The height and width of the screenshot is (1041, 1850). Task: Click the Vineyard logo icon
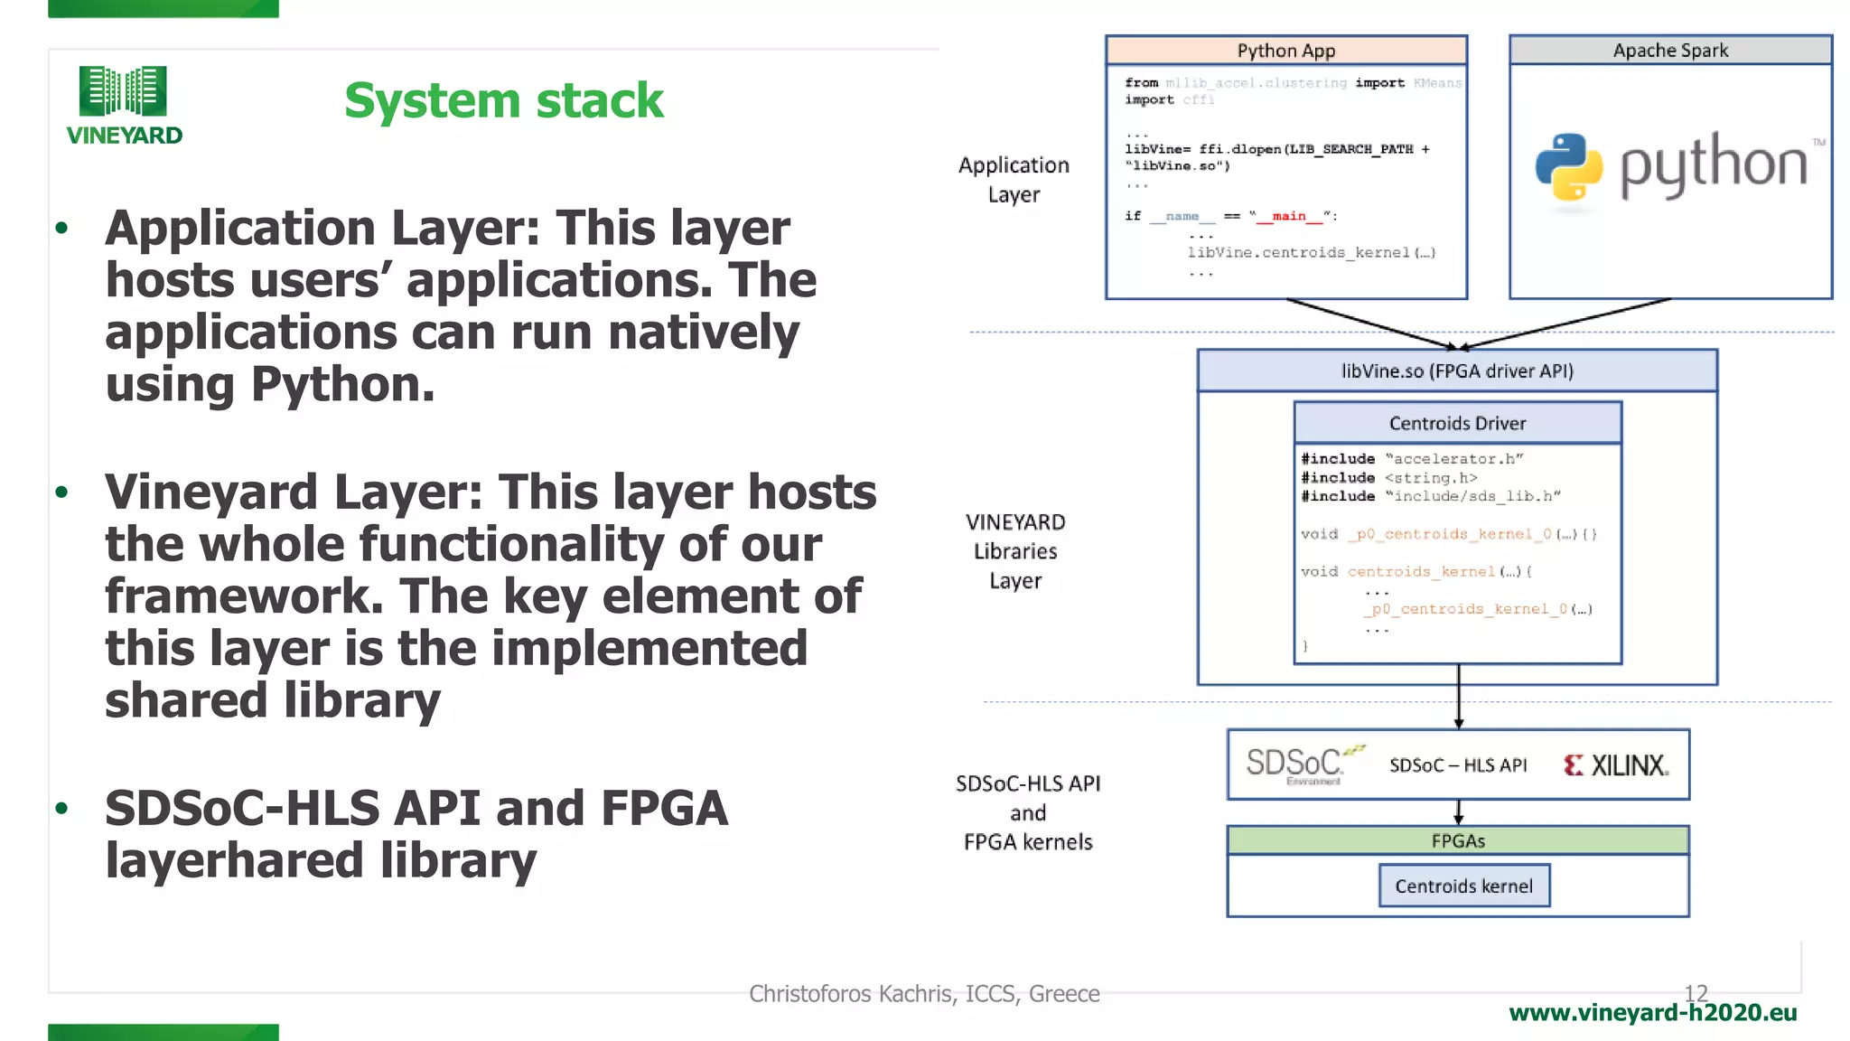pos(123,91)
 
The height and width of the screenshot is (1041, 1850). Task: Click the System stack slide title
pos(503,100)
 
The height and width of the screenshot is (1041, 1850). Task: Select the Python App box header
pos(1285,51)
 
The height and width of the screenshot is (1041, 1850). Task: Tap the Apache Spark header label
pos(1670,51)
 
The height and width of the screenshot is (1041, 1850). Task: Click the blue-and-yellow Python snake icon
pos(1569,166)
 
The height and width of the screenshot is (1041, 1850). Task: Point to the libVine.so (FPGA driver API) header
pos(1456,371)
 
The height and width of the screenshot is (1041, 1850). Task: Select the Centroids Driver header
pos(1457,423)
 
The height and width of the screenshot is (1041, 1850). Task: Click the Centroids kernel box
pos(1463,886)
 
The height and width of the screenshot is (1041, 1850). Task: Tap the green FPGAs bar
pos(1457,840)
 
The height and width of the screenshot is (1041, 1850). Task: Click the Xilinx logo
pos(1616,765)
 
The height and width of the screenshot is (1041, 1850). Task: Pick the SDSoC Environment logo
pos(1302,764)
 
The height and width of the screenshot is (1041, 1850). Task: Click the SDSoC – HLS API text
pos(1457,765)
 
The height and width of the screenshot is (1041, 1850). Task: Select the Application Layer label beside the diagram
pos(1014,180)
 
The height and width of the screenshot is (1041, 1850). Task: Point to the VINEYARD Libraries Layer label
pos(1015,551)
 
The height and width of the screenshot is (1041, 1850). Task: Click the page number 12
pos(1696,993)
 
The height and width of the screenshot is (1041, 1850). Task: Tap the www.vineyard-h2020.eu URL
pos(1652,1013)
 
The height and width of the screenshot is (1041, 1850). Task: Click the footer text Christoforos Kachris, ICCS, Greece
pos(924,994)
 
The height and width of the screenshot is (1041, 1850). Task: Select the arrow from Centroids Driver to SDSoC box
pos(1458,696)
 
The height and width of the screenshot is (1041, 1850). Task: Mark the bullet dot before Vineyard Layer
pos(61,492)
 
